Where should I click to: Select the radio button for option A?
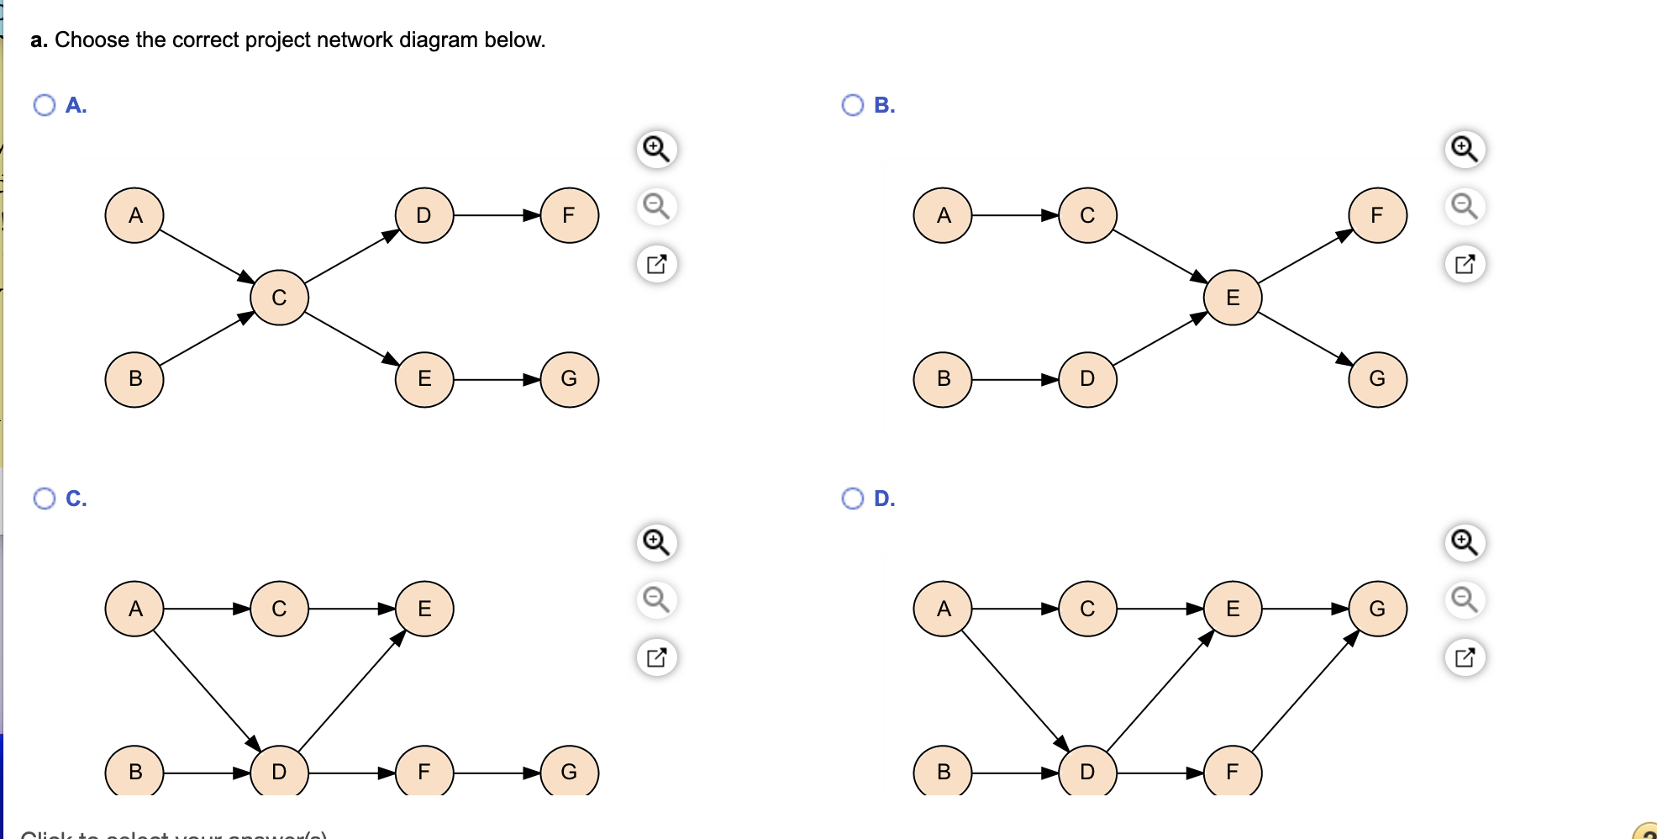click(x=45, y=105)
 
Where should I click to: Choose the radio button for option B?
click(x=853, y=105)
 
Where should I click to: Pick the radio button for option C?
click(x=45, y=499)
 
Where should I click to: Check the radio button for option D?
click(x=853, y=499)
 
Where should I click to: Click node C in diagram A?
click(x=279, y=298)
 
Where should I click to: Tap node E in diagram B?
click(x=1233, y=298)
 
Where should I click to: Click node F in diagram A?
click(x=569, y=215)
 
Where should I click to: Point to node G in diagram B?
click(x=1377, y=379)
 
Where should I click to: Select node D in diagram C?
click(x=279, y=771)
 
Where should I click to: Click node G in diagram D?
click(x=1377, y=609)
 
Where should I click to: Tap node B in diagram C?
click(x=134, y=771)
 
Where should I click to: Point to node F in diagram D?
click(x=1233, y=771)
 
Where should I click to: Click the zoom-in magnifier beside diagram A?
click(x=656, y=149)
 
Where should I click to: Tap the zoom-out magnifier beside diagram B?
click(x=1465, y=206)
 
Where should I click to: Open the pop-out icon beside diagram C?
click(x=656, y=657)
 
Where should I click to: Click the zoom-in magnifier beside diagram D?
click(x=1465, y=542)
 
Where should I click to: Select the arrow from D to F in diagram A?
click(x=496, y=215)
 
